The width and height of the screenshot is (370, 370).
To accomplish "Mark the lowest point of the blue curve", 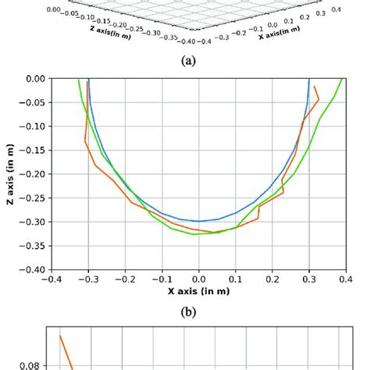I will click(x=198, y=221).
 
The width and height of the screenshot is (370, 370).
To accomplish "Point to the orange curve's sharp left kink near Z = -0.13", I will click(x=84, y=141).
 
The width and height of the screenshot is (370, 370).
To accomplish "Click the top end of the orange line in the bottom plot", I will click(x=61, y=336).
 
